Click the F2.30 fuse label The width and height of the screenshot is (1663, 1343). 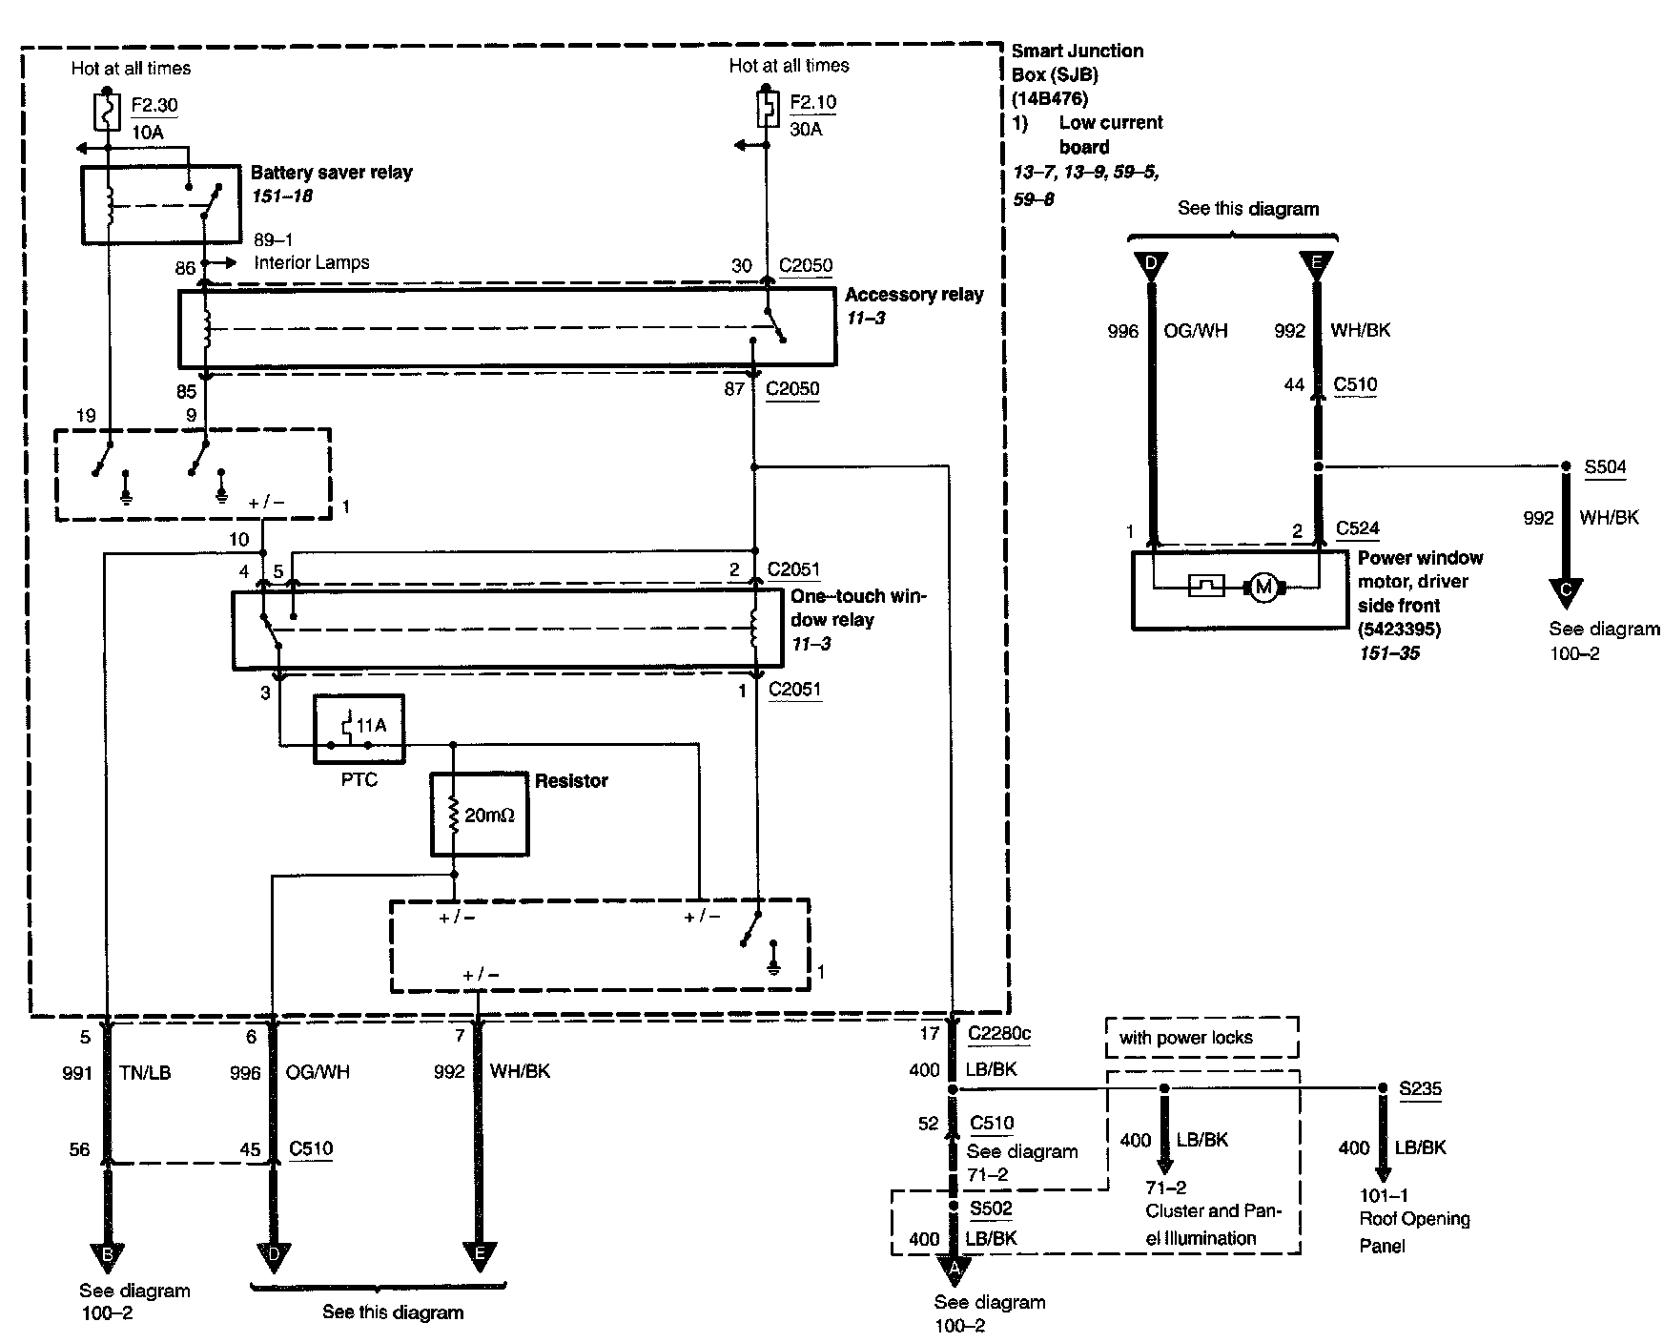coord(154,105)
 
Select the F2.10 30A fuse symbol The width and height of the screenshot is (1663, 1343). coord(765,109)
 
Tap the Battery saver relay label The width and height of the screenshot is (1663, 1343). coord(332,173)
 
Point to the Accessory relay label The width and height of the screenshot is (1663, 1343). coord(914,295)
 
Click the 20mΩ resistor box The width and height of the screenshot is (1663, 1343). coord(480,814)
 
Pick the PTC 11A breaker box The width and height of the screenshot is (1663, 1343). coord(359,729)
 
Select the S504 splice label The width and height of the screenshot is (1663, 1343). coord(1605,467)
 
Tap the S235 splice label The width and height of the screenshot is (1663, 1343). coord(1420,1088)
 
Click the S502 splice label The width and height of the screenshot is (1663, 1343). coord(991,1209)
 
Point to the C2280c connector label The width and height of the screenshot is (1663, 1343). coord(999,1033)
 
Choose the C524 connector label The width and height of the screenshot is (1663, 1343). coord(1358,528)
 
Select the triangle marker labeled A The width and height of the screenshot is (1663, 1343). coord(954,1270)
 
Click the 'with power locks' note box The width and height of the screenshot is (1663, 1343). coord(1202,1038)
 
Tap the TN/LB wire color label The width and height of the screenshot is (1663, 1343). coord(147,1073)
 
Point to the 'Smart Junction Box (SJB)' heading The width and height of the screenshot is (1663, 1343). coord(1078,63)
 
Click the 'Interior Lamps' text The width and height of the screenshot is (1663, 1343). coord(312,262)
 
